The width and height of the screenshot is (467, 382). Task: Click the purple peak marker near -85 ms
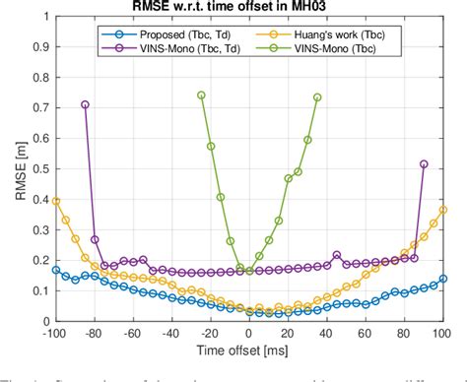coord(85,104)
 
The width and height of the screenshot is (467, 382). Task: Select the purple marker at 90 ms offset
coord(424,164)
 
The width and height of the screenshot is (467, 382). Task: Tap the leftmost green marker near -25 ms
coord(201,95)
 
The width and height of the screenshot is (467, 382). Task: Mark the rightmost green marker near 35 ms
coord(317,97)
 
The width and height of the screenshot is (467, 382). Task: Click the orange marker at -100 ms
coord(56,201)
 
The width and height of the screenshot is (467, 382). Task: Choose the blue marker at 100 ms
coord(443,279)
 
